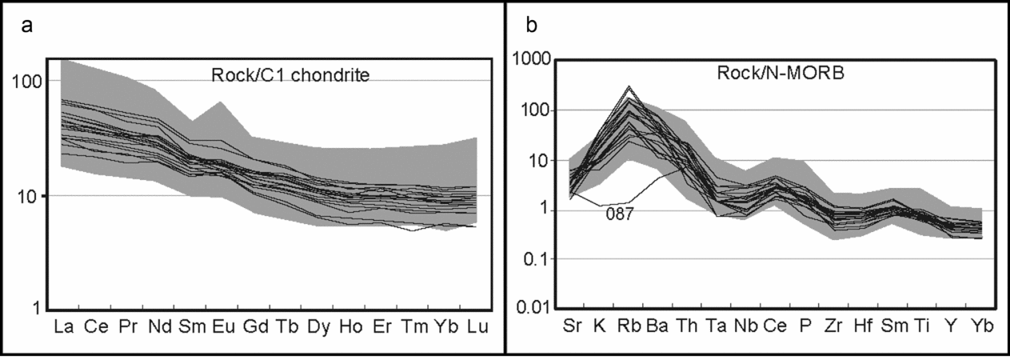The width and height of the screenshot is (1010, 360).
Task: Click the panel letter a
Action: click(26, 26)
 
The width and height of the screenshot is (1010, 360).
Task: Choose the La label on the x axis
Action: click(63, 328)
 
